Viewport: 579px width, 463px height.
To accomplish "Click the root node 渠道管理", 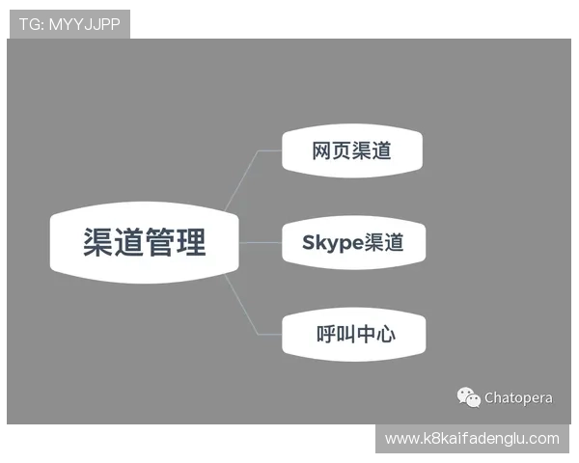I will (x=144, y=242).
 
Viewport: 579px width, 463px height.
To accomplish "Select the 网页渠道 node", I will (x=351, y=150).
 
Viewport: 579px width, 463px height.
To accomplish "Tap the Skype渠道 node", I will (x=351, y=242).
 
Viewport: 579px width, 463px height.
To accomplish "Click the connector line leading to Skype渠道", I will (x=259, y=242).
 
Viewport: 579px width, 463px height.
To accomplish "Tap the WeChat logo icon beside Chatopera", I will (x=468, y=396).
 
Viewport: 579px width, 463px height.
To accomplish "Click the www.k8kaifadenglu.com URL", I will (x=471, y=439).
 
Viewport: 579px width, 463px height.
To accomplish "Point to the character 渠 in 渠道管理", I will (x=97, y=242).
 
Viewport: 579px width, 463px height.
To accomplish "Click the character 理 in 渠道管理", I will (x=190, y=242).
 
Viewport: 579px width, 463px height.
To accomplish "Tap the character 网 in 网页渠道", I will (x=322, y=150).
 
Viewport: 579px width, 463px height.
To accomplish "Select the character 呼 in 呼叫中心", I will (x=326, y=335).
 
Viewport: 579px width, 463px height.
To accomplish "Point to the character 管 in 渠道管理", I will (x=159, y=242).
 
